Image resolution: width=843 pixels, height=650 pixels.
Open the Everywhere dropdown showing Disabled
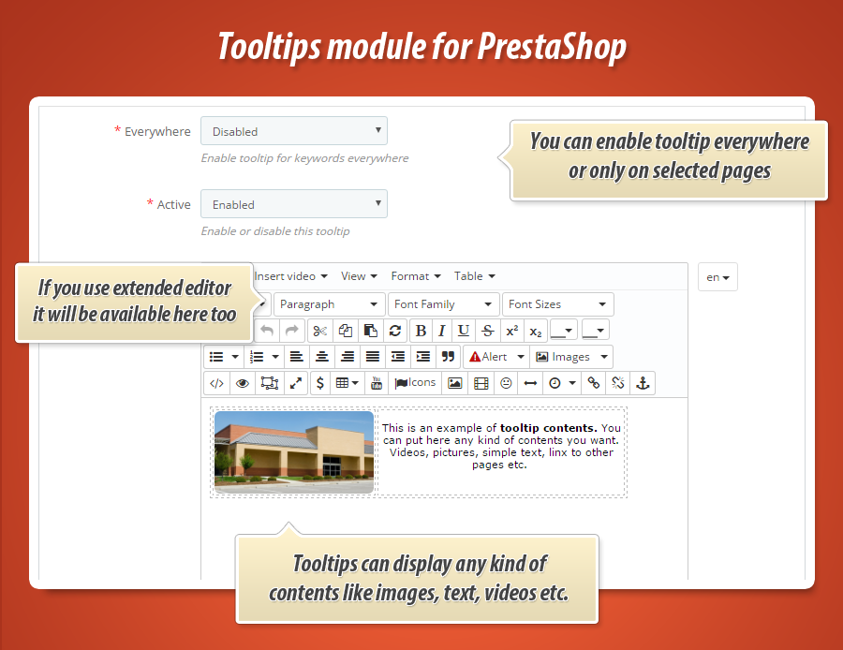(293, 131)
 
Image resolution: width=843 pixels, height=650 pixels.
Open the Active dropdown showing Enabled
(293, 204)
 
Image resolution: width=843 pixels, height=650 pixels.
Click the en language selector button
(717, 277)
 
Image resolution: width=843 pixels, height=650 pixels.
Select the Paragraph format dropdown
(330, 304)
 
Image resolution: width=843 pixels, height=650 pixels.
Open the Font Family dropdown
(444, 304)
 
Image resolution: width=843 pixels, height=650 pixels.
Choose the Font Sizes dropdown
(558, 304)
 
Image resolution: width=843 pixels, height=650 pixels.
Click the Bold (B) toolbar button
(421, 331)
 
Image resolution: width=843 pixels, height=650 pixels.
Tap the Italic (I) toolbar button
(442, 331)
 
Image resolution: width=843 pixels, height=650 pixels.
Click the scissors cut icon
(319, 331)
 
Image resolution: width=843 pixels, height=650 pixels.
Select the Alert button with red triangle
(495, 357)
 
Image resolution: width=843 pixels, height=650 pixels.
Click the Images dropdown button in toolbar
(571, 357)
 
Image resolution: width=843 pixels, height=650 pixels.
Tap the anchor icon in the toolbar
(643, 383)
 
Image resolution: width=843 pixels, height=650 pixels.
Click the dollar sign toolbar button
(320, 383)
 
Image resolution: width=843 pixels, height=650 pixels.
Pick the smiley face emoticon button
(507, 383)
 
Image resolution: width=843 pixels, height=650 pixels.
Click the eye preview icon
(243, 383)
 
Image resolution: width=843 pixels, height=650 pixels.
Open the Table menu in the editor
(474, 276)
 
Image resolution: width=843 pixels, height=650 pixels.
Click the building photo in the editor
(294, 451)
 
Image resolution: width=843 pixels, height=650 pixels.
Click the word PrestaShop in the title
(553, 46)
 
